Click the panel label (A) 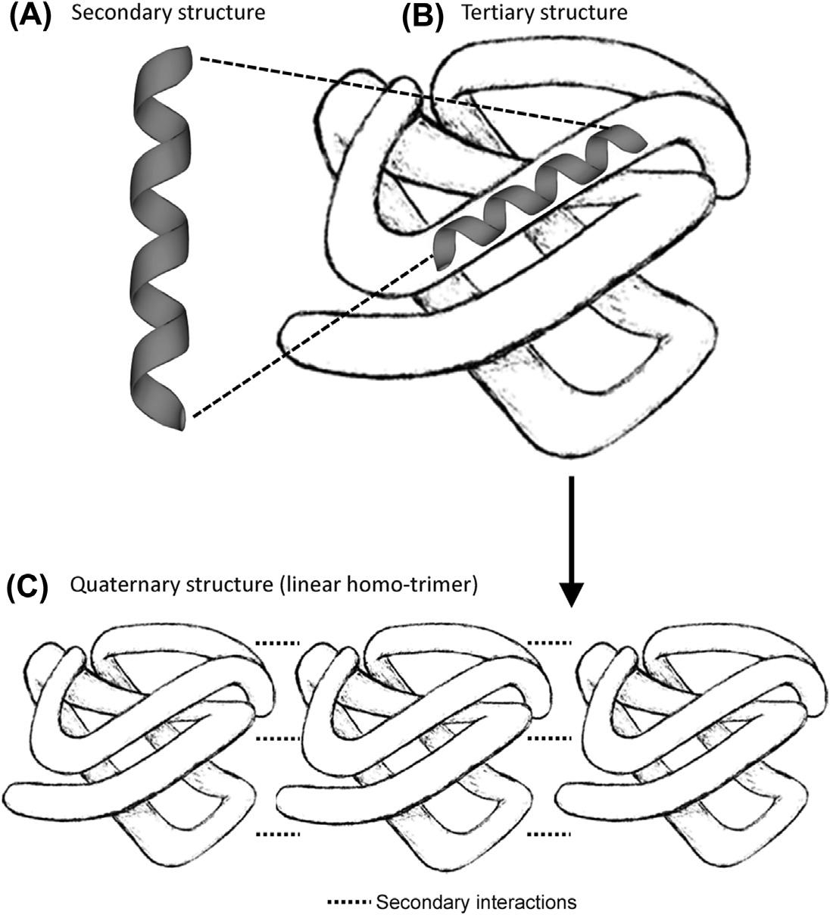pos(30,14)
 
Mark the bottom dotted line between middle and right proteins pos(548,835)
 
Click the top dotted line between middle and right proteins pos(548,643)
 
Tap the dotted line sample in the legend pos(349,902)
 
